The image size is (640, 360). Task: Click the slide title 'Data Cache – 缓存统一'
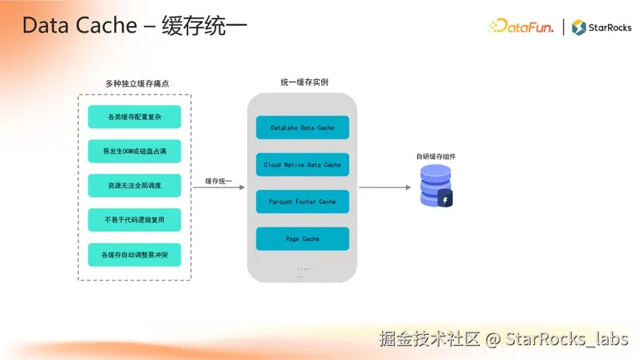(134, 25)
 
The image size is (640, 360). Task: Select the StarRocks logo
(601, 27)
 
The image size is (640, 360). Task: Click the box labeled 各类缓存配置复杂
(134, 117)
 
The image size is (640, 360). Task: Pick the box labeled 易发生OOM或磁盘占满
(134, 151)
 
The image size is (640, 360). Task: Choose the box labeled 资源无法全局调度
(134, 185)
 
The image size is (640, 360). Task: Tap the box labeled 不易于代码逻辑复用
(134, 220)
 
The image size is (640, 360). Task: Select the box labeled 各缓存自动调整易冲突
(134, 254)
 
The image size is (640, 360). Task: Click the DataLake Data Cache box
(302, 127)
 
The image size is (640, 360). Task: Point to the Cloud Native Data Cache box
(302, 164)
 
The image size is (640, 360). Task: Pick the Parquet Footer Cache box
(302, 201)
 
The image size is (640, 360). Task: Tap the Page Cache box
(302, 239)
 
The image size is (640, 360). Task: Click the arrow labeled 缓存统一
(219, 187)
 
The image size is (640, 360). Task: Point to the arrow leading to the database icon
(384, 187)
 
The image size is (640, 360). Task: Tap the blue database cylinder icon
(434, 185)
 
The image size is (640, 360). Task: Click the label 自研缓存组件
(436, 156)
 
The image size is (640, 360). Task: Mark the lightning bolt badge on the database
(444, 199)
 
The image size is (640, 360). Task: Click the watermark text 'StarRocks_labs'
(567, 339)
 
